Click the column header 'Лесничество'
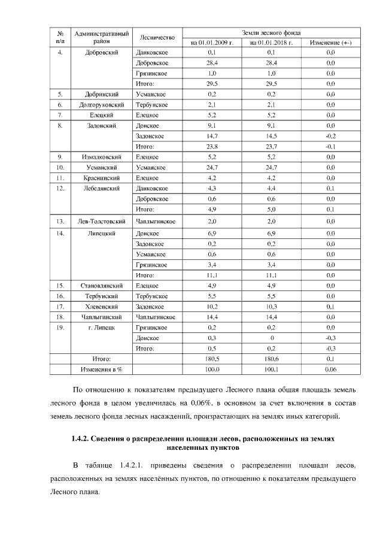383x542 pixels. pos(157,37)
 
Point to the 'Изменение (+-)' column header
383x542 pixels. pos(330,43)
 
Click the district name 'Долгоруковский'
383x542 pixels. pos(101,105)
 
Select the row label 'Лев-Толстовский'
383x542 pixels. pos(101,220)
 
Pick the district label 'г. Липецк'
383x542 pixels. pos(101,327)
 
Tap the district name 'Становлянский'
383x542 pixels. pos(101,285)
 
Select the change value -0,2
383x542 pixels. pos(330,136)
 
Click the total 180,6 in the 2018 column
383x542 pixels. pos(271,358)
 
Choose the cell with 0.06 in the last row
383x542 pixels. pos(330,369)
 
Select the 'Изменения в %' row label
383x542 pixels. pos(101,369)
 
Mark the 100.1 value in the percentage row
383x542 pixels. pos(271,369)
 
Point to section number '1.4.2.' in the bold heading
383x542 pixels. pos(81,438)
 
